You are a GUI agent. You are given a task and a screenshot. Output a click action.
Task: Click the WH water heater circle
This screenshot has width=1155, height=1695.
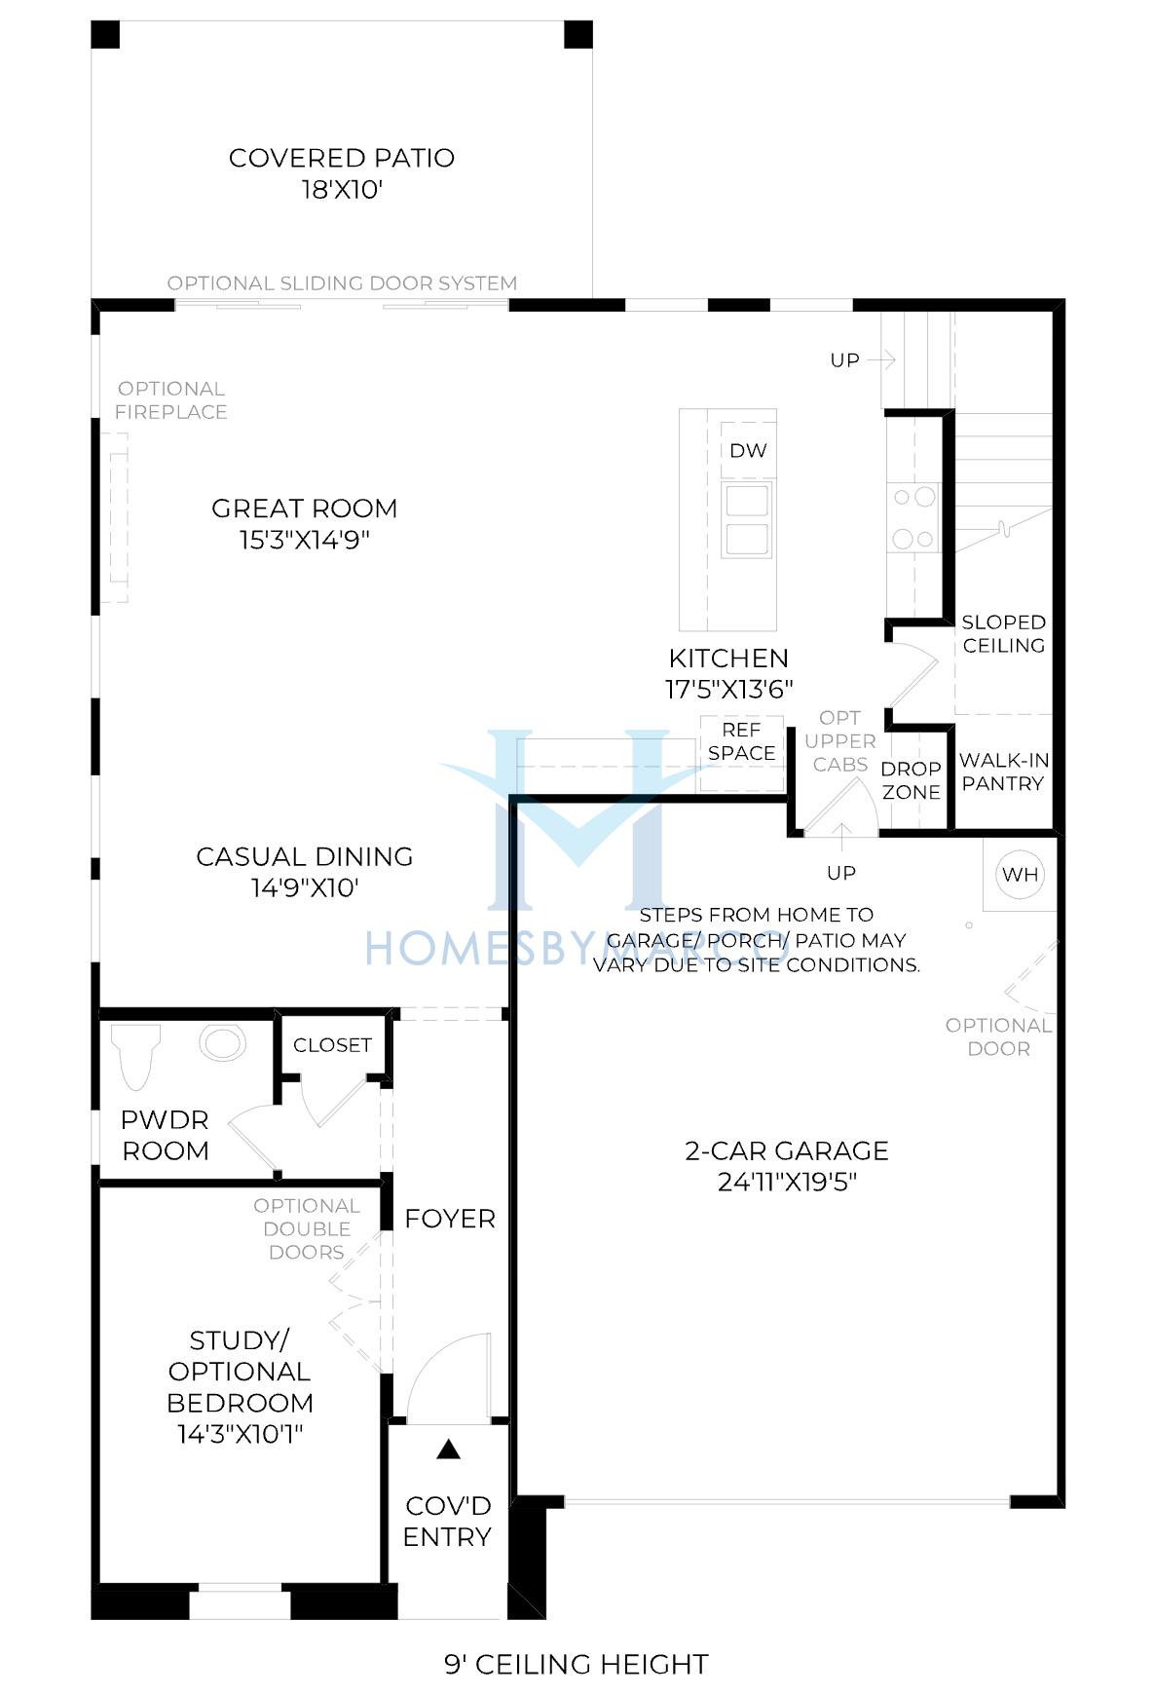(x=1020, y=874)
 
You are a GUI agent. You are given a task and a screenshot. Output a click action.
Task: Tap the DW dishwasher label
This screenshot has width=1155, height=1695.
(x=748, y=450)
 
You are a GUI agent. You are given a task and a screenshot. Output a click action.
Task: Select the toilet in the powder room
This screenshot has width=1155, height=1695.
(x=134, y=1056)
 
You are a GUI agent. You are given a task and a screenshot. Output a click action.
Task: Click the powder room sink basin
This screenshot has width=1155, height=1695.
(x=222, y=1042)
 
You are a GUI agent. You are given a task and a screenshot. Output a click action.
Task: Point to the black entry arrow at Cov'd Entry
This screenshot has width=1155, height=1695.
(x=448, y=1449)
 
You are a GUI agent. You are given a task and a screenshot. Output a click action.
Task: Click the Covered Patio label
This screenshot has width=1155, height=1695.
(x=342, y=158)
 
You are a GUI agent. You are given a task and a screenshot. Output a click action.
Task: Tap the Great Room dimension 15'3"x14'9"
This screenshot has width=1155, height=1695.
(x=305, y=540)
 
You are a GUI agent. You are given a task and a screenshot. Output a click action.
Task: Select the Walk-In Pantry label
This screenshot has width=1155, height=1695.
(x=1003, y=772)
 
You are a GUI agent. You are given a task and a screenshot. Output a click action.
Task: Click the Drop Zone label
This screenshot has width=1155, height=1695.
(x=912, y=780)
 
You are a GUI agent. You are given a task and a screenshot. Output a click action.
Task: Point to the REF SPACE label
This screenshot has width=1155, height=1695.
(x=742, y=741)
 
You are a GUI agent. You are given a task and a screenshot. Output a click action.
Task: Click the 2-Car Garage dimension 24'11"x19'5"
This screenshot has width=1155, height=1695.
(x=787, y=1183)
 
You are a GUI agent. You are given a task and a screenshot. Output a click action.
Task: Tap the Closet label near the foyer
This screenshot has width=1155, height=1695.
(x=332, y=1045)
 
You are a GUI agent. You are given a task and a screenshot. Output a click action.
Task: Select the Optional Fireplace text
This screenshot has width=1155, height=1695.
(x=171, y=400)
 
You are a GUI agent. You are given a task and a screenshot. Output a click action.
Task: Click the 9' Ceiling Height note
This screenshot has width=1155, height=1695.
(x=577, y=1664)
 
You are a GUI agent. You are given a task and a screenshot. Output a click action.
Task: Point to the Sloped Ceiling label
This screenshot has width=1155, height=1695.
(x=1004, y=633)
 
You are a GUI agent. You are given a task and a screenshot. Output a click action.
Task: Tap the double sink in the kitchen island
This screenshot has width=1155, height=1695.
(x=746, y=519)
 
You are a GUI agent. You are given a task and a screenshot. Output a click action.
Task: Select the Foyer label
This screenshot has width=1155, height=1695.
(x=450, y=1219)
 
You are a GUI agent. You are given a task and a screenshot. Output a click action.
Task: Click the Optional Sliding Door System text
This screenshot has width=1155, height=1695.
(x=342, y=283)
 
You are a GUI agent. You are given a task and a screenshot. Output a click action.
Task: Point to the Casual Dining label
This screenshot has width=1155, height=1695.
(x=305, y=856)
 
